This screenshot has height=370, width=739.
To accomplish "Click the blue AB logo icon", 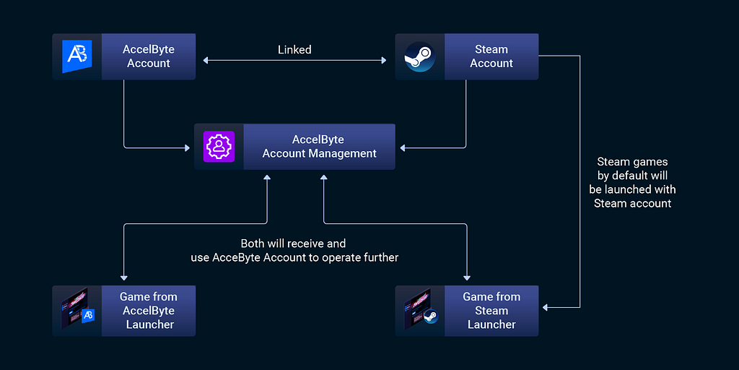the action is pyautogui.click(x=76, y=56).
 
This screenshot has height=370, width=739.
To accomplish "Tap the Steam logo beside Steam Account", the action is pyautogui.click(x=419, y=56).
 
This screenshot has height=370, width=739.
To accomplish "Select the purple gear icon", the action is pyautogui.click(x=219, y=147).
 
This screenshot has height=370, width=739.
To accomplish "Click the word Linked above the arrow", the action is pyautogui.click(x=294, y=50).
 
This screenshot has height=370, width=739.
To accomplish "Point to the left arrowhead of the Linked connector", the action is pyautogui.click(x=206, y=61).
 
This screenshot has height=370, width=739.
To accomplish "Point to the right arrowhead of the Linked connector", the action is pyautogui.click(x=383, y=61).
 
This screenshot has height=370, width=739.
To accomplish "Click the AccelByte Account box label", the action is pyautogui.click(x=149, y=56).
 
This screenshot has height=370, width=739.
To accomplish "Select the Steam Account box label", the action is pyautogui.click(x=491, y=56).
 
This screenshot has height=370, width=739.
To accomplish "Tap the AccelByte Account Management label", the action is pyautogui.click(x=319, y=147).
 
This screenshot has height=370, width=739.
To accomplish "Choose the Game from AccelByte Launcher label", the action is pyautogui.click(x=149, y=311).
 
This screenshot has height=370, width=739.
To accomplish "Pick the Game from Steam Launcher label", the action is pyautogui.click(x=491, y=311).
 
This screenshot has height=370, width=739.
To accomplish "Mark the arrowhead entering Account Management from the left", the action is pyautogui.click(x=187, y=148).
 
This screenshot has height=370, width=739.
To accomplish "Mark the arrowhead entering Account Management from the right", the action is pyautogui.click(x=403, y=148).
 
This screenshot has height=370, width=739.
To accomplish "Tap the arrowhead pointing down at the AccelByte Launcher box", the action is pyautogui.click(x=124, y=277).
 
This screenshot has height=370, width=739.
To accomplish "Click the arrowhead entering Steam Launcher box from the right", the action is pyautogui.click(x=546, y=307).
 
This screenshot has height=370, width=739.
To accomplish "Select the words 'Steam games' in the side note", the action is pyautogui.click(x=632, y=162).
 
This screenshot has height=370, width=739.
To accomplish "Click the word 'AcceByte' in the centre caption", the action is pyautogui.click(x=233, y=258).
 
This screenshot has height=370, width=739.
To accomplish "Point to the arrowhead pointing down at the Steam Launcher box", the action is pyautogui.click(x=467, y=277).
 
